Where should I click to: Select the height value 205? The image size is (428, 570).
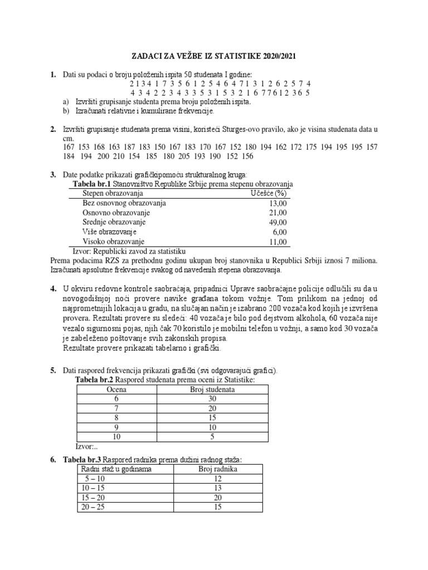tap(200, 157)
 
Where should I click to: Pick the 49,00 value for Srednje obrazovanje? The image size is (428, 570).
tap(276, 222)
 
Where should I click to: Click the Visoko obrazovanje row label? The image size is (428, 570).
tap(113, 242)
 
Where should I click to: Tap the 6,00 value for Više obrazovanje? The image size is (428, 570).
tap(279, 232)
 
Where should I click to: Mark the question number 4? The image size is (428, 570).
tap(53, 288)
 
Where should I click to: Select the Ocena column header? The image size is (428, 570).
tap(116, 390)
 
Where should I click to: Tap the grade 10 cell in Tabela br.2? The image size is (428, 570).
tap(116, 436)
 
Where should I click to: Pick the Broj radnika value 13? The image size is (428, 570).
tap(217, 488)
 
